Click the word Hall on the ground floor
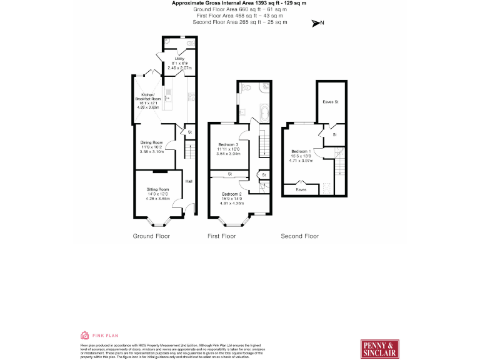[x=188, y=182]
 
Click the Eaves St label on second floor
[x=330, y=101]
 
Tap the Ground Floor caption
[x=151, y=236]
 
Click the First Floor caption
[x=221, y=236]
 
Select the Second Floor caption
[x=299, y=236]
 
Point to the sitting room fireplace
[x=160, y=171]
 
